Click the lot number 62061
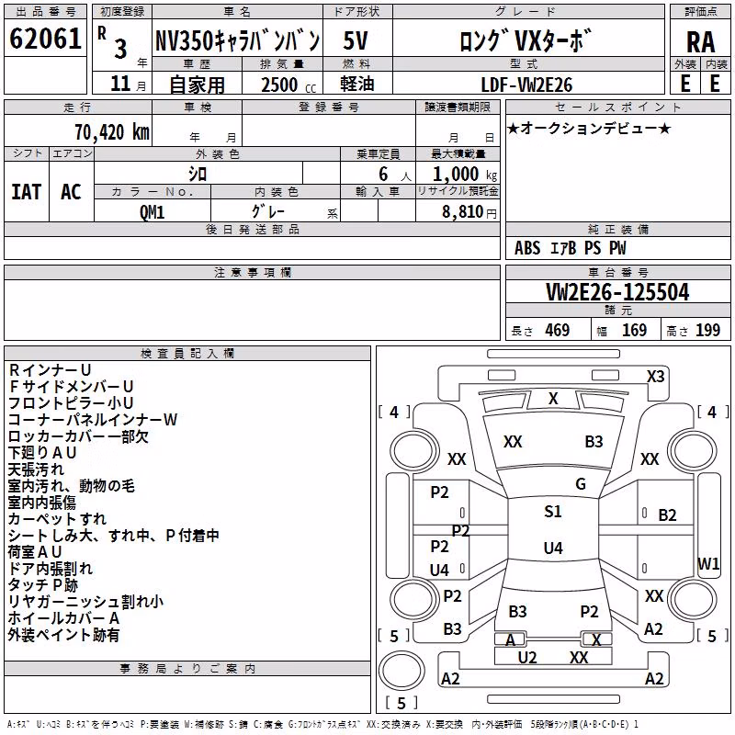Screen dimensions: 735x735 click(45, 38)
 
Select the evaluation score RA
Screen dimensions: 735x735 click(700, 42)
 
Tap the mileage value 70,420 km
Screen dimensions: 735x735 click(112, 131)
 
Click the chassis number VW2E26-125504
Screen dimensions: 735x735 click(617, 292)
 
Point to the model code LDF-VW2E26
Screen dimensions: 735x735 click(526, 85)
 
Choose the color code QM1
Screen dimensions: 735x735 click(152, 212)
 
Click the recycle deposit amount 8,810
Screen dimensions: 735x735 click(462, 212)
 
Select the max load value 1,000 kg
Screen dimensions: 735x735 click(465, 175)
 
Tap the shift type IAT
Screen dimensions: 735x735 click(27, 192)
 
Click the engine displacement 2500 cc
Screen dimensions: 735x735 click(288, 85)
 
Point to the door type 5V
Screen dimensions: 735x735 click(356, 40)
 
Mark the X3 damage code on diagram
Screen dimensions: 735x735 click(655, 377)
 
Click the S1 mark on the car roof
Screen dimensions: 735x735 click(553, 511)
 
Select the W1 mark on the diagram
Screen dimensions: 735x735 click(708, 563)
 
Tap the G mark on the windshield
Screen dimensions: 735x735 click(581, 484)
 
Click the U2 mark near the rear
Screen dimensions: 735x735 click(526, 658)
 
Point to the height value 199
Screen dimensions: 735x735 click(707, 330)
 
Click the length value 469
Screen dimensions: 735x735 click(558, 330)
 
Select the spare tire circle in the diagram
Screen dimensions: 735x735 click(401, 671)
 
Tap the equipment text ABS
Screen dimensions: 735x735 click(527, 248)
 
